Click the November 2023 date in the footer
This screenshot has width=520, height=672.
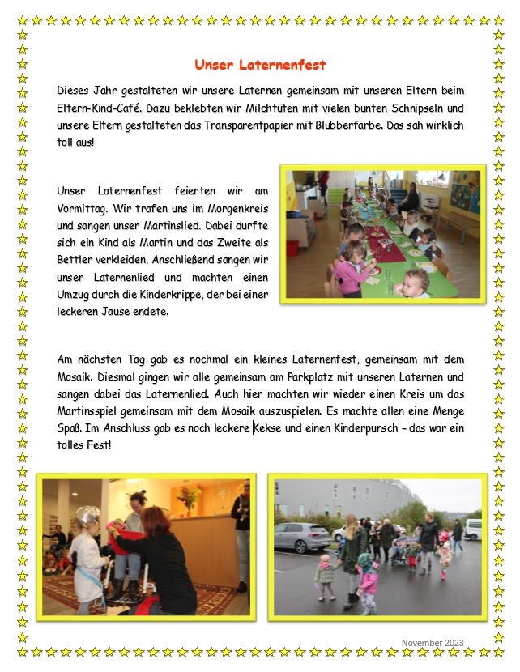[433, 643]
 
